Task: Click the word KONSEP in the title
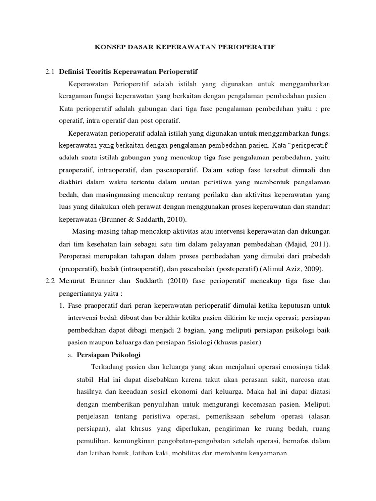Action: [107, 47]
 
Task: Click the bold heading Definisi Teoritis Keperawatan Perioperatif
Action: [128, 71]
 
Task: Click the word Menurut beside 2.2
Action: [72, 281]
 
